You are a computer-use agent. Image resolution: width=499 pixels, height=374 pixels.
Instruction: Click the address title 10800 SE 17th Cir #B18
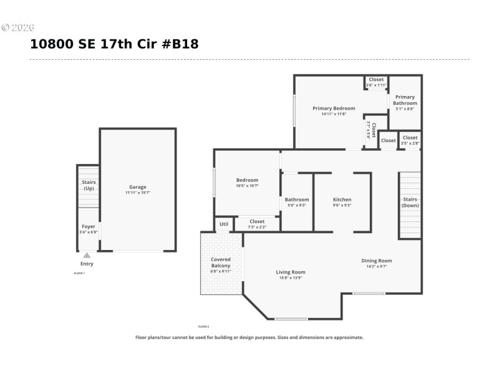pyautogui.click(x=114, y=44)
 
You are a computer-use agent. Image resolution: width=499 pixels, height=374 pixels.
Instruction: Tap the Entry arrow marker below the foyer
pyautogui.click(x=87, y=255)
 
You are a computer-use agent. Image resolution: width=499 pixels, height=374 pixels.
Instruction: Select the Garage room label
pyautogui.click(x=138, y=187)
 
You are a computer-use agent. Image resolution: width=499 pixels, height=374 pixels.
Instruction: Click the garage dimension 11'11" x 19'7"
pyautogui.click(x=138, y=193)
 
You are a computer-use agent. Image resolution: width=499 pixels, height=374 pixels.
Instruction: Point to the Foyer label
pyautogui.click(x=89, y=226)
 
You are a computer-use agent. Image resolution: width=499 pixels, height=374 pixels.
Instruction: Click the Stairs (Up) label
pyautogui.click(x=89, y=185)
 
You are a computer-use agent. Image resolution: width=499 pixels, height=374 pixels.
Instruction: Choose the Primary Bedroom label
pyautogui.click(x=334, y=108)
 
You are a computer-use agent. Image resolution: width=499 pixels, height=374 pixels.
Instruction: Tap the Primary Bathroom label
pyautogui.click(x=405, y=100)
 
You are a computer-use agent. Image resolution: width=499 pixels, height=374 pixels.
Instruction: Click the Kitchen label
pyautogui.click(x=342, y=199)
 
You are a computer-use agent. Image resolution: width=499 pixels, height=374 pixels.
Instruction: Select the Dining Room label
pyautogui.click(x=377, y=261)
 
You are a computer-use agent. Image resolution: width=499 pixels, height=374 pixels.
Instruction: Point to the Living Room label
pyautogui.click(x=291, y=272)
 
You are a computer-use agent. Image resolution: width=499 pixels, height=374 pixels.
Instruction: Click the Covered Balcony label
pyautogui.click(x=221, y=262)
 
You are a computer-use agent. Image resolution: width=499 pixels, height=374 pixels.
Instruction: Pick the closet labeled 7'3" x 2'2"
pyautogui.click(x=257, y=224)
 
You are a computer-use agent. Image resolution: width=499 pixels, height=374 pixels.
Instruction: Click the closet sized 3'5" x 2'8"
pyautogui.click(x=410, y=140)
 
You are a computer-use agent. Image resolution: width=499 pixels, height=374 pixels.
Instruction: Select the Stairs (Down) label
pyautogui.click(x=410, y=202)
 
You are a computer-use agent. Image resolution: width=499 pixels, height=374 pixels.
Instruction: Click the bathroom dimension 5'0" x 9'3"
pyautogui.click(x=297, y=205)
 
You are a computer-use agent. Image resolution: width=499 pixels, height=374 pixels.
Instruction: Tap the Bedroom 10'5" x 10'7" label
pyautogui.click(x=247, y=183)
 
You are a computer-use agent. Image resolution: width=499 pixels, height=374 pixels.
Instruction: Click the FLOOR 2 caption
pyautogui.click(x=204, y=327)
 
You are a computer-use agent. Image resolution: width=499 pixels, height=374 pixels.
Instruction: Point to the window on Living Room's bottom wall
pyautogui.click(x=291, y=319)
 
